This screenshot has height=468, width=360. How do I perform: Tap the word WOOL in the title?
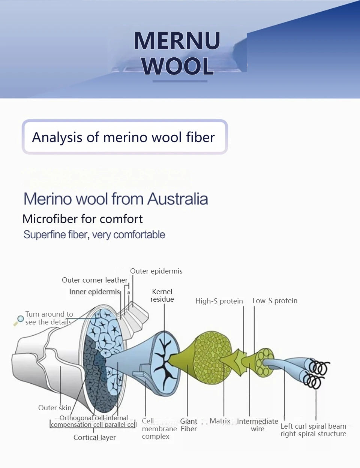(178, 66)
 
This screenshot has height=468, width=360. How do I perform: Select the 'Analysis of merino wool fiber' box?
(124, 137)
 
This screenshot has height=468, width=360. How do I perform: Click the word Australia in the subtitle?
(177, 199)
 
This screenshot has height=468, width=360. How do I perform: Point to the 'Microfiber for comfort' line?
(82, 219)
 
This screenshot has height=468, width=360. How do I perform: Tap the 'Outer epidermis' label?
(156, 271)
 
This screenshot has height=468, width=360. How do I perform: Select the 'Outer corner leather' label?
(94, 280)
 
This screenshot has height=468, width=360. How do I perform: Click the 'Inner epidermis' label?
(94, 292)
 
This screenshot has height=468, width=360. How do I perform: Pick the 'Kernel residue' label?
(162, 295)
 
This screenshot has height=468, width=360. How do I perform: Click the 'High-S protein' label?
(219, 301)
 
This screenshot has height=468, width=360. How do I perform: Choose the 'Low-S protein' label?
(275, 301)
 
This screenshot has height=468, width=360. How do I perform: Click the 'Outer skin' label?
(55, 408)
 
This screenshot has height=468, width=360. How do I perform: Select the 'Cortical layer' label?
(94, 437)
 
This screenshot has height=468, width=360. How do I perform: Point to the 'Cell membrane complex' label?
(159, 429)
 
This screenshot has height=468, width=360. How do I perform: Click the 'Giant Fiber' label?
(189, 425)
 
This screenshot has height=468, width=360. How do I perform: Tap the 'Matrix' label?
(220, 421)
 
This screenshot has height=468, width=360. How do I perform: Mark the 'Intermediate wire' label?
(258, 425)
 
